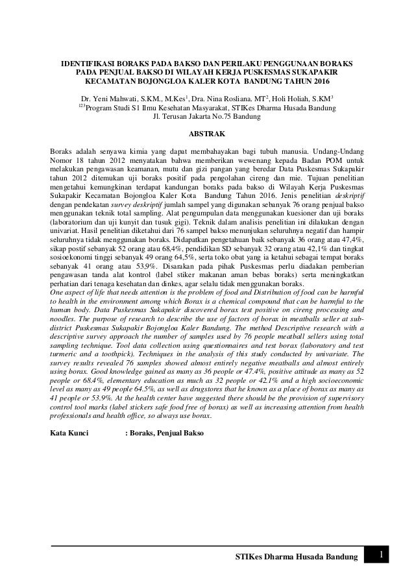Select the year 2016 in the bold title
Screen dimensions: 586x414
pos(319,84)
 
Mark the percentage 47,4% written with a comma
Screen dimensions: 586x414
pos(351,239)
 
